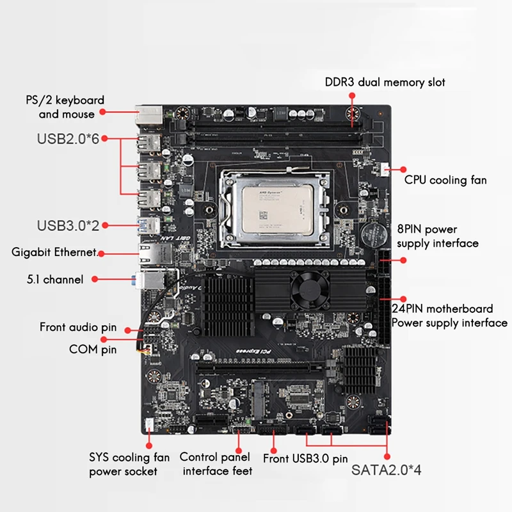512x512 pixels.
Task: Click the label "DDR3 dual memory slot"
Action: pyautogui.click(x=385, y=82)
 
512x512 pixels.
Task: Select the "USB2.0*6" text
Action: pyautogui.click(x=67, y=138)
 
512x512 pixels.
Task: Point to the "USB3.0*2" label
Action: pyautogui.click(x=67, y=225)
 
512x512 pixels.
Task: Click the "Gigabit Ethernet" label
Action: pyautogui.click(x=54, y=252)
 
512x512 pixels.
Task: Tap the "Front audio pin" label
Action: pyautogui.click(x=78, y=327)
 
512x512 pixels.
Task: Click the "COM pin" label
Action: pyautogui.click(x=93, y=349)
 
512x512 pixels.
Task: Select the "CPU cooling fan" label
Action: pyautogui.click(x=445, y=180)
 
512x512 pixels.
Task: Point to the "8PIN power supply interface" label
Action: pyautogui.click(x=438, y=236)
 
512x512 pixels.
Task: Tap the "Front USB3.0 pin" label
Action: pyautogui.click(x=305, y=458)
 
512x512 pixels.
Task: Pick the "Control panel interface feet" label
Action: pyautogui.click(x=216, y=464)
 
